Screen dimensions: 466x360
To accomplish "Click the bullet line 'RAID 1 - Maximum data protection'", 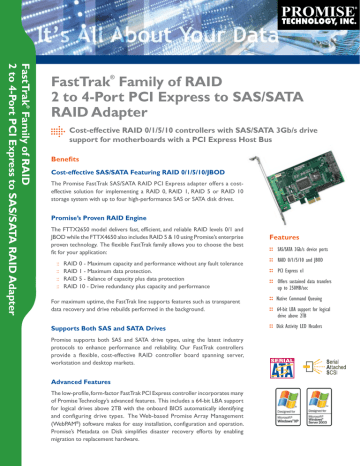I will coord(124,271).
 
